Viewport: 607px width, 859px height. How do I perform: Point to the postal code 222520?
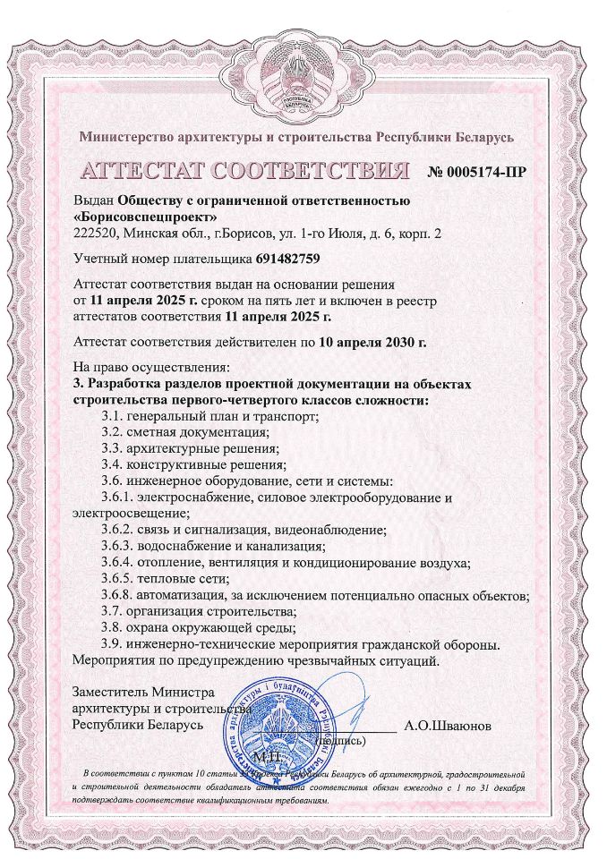click(x=93, y=233)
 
